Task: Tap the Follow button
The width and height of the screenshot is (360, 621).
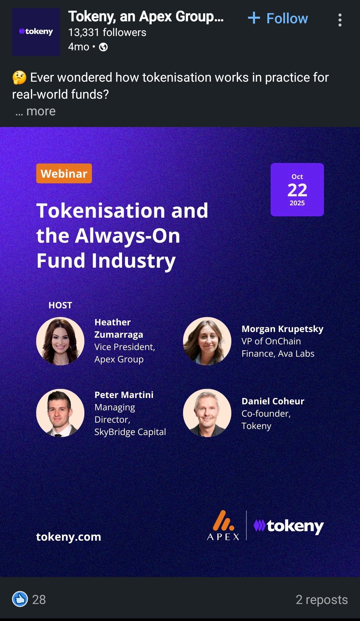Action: [x=278, y=18]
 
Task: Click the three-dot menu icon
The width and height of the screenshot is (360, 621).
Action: [x=340, y=20]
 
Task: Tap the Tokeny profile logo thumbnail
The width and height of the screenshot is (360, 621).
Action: [x=36, y=32]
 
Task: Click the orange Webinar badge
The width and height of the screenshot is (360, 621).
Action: [x=64, y=173]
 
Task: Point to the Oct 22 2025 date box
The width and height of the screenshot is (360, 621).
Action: [x=297, y=190]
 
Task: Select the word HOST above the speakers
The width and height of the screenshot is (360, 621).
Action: [x=60, y=305]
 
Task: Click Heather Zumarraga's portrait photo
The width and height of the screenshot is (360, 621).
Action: [x=60, y=341]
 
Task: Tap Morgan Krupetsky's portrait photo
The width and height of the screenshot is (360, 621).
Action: [x=207, y=341]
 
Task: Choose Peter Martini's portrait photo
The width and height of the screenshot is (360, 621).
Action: [x=60, y=413]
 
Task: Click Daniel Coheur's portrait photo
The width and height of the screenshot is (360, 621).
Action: [x=207, y=413]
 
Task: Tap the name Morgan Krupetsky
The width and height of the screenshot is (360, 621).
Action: [x=282, y=329]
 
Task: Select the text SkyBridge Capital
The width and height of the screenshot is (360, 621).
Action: [x=130, y=432]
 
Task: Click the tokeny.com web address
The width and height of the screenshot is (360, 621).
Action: [x=69, y=537]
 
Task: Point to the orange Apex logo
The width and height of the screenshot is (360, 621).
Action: [x=223, y=525]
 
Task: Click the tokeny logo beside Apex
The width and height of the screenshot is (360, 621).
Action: [x=289, y=526]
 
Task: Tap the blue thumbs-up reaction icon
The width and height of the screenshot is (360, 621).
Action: [x=20, y=599]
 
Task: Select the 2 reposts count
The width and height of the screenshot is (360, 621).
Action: [x=322, y=599]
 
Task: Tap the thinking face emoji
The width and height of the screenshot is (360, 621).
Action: [x=19, y=77]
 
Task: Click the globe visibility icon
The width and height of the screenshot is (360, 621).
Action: [x=103, y=47]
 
